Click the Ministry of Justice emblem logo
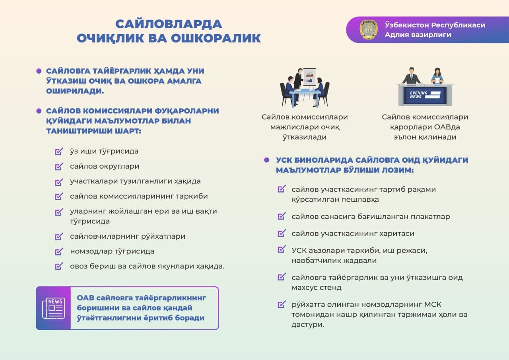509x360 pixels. pos(369,29)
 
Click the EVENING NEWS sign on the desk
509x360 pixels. pos(422,95)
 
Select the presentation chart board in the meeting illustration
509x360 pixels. pos(309,76)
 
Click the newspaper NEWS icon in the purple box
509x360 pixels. pos(53,308)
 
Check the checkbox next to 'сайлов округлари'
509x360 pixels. pos(59,167)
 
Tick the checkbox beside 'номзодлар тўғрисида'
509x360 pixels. pos(59,252)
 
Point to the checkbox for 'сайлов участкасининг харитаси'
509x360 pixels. pos(282,234)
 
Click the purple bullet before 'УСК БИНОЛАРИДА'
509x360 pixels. pos(267,160)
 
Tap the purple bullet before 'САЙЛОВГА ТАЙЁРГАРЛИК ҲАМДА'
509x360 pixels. pos(39,71)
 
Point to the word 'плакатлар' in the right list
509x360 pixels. pos(429,217)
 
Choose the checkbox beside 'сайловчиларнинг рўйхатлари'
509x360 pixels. pos(59,237)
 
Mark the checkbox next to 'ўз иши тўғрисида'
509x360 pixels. pos(59,152)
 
